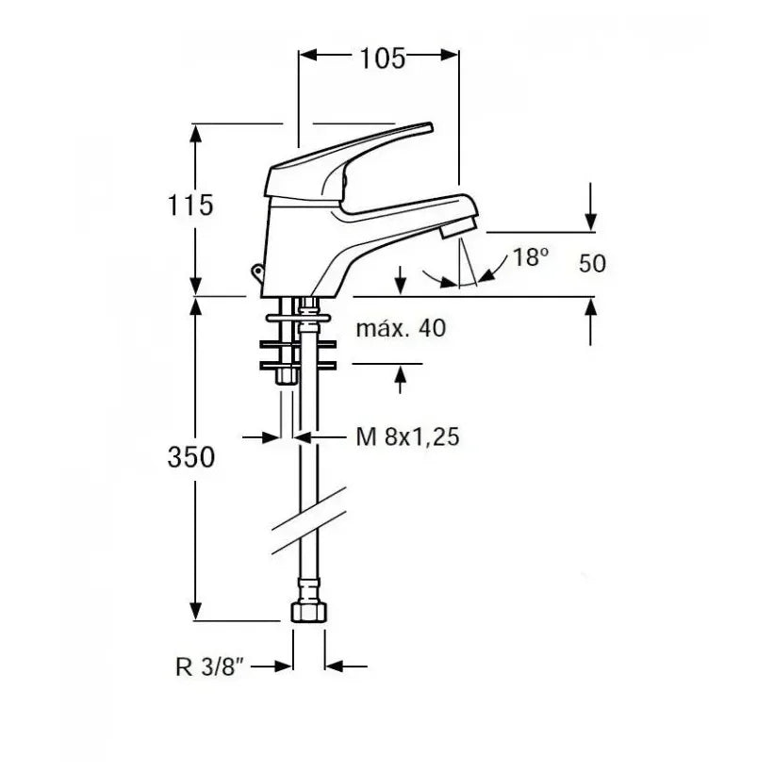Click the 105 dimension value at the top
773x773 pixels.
click(383, 58)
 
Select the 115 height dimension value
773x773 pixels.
click(190, 206)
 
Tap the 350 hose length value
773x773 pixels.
click(191, 457)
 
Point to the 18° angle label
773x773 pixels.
click(531, 256)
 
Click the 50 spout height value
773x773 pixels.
click(592, 263)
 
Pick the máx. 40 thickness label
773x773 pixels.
click(401, 328)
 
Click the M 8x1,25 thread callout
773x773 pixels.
click(407, 436)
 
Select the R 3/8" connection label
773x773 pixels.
click(210, 667)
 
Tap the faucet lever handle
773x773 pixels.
click(345, 163)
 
